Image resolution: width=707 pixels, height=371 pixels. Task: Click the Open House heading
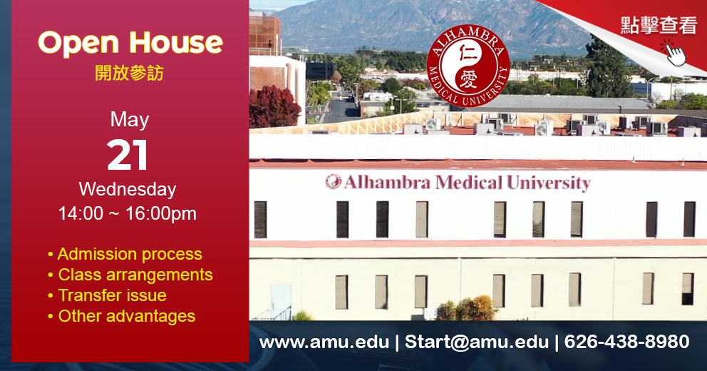[130, 44]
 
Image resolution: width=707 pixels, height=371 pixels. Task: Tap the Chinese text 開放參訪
[130, 73]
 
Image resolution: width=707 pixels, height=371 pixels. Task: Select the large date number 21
[128, 155]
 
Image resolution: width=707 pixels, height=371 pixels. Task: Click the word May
[130, 121]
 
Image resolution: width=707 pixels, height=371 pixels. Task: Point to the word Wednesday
[128, 189]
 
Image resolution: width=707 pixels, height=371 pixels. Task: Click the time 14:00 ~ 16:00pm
[127, 213]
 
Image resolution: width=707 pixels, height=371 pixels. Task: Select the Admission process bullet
[125, 254]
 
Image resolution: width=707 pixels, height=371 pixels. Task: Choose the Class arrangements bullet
[130, 275]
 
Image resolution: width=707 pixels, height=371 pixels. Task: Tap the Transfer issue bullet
[108, 295]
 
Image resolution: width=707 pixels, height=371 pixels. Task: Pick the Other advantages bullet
[121, 316]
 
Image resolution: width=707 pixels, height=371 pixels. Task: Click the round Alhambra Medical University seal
[468, 66]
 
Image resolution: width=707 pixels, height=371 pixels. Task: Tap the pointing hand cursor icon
[674, 53]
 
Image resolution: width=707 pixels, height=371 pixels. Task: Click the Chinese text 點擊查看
[659, 25]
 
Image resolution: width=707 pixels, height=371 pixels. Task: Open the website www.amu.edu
[324, 342]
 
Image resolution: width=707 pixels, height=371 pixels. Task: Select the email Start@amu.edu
[477, 342]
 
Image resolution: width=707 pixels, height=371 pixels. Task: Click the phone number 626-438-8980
[626, 342]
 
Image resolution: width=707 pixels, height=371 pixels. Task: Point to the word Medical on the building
[468, 183]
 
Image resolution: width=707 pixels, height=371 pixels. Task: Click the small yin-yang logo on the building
[334, 181]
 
